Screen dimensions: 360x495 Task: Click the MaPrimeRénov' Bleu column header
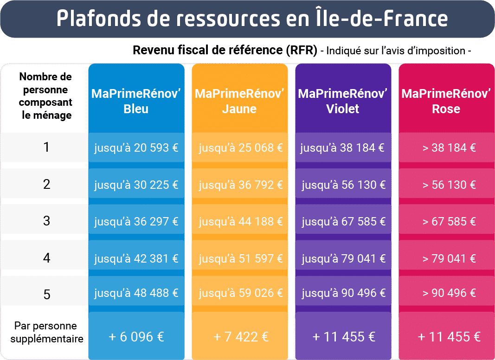(x=136, y=101)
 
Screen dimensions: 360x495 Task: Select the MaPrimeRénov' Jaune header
(x=239, y=101)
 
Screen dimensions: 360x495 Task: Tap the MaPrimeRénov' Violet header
(x=343, y=101)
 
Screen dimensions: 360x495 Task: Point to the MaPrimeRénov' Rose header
(x=446, y=101)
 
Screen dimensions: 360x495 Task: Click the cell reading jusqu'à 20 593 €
(x=136, y=148)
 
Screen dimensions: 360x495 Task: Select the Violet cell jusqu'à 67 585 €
(x=343, y=221)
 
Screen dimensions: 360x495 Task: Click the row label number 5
(x=46, y=295)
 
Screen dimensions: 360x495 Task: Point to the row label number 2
(x=46, y=185)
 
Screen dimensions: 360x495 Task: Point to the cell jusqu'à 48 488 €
(x=136, y=293)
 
